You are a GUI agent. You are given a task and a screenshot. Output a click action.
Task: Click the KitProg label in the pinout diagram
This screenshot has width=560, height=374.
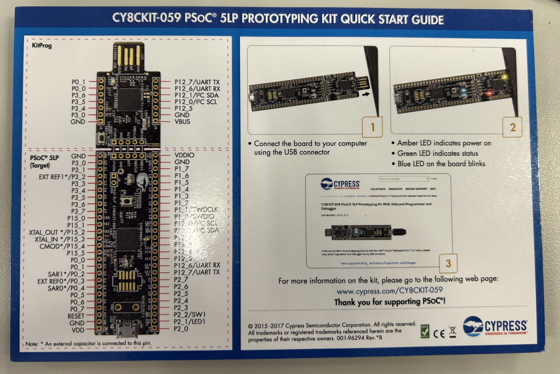point(41,45)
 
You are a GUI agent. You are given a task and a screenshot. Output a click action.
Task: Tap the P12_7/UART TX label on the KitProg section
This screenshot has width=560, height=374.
point(197,82)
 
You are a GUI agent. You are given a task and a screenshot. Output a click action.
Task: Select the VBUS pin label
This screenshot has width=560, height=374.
point(182,122)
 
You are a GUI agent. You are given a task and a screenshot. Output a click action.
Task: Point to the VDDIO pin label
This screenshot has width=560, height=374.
point(184,155)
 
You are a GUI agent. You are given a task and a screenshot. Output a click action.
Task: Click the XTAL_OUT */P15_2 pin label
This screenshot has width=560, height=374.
point(57,232)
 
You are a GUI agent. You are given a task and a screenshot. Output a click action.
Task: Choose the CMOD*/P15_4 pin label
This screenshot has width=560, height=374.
point(62,246)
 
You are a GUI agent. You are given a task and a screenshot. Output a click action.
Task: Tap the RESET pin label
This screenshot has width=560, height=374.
point(76,316)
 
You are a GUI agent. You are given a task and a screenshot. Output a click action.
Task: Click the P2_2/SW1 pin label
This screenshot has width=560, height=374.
point(190,315)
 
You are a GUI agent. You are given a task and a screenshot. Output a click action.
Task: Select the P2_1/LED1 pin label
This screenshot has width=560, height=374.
point(190,322)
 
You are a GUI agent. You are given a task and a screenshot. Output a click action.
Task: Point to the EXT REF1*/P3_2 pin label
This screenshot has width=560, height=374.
point(62,177)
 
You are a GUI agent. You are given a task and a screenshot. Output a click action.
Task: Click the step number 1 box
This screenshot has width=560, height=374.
point(372,127)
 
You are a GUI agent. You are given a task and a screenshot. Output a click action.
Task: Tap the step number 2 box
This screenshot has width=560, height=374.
point(512,127)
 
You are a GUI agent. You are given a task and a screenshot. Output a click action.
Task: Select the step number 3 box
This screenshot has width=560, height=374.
point(448,264)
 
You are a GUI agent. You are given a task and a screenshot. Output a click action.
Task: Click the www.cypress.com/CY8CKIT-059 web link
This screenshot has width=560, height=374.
point(389,290)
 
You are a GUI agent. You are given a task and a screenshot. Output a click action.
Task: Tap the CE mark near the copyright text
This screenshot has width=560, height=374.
point(439,333)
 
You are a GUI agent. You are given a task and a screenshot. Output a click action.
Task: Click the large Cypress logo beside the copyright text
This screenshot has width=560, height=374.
point(495,326)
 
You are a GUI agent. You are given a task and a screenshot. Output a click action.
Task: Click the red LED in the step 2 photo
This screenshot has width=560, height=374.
point(489,93)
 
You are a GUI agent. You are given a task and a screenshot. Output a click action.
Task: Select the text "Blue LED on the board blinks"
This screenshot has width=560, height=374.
point(441,164)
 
